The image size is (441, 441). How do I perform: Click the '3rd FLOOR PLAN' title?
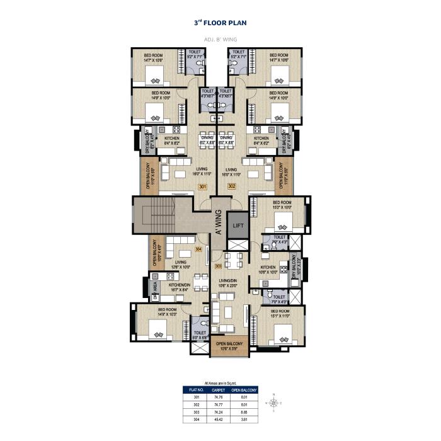click(220, 23)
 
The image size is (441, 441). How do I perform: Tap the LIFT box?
click(238, 225)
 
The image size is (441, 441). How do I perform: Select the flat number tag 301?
click(202, 187)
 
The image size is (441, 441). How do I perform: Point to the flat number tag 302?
click(231, 187)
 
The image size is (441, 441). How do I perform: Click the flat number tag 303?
click(218, 266)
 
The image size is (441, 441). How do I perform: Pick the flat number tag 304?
click(198, 249)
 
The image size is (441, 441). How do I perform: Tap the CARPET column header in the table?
click(218, 391)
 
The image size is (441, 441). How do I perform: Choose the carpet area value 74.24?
click(218, 411)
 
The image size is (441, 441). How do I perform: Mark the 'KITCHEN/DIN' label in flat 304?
click(179, 287)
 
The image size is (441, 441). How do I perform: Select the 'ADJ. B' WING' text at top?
click(220, 40)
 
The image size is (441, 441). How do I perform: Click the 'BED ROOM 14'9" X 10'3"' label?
click(167, 311)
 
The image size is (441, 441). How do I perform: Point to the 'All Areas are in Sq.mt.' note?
click(220, 383)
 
